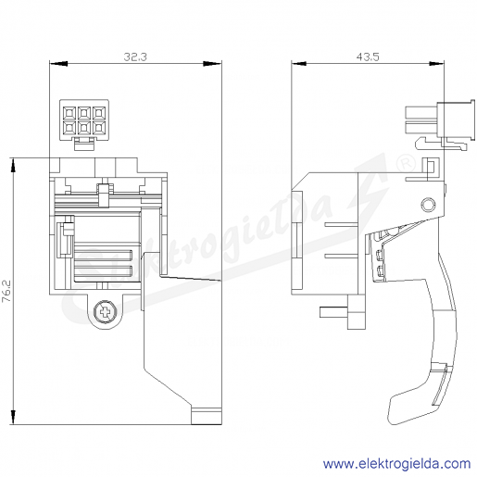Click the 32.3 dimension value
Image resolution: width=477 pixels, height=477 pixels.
pyautogui.click(x=135, y=56)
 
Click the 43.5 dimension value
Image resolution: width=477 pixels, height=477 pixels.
pyautogui.click(x=368, y=56)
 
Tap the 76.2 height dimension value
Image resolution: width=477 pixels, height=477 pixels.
pyautogui.click(x=6, y=291)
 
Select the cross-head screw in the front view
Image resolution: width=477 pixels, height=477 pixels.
pyautogui.click(x=106, y=313)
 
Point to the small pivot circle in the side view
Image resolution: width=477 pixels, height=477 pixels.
pyautogui.click(x=428, y=205)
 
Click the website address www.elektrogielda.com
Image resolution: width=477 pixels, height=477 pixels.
pyautogui.click(x=397, y=463)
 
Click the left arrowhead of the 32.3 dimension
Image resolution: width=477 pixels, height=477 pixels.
pyautogui.click(x=58, y=64)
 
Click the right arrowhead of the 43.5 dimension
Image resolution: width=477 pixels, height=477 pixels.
pyautogui.click(x=436, y=64)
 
